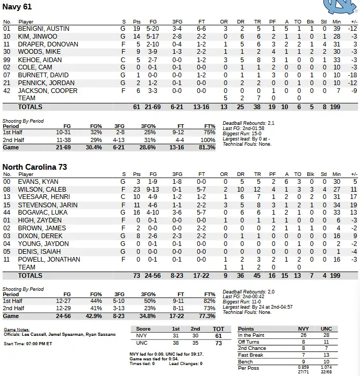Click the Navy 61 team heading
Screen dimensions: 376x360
[17, 7]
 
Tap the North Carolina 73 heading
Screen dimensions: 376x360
[35, 167]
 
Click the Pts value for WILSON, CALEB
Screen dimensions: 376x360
[137, 189]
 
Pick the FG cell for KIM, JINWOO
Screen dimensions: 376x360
[153, 37]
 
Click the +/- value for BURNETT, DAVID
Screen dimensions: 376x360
[352, 75]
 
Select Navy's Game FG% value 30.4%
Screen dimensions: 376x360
[94, 148]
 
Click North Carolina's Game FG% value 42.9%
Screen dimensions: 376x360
[94, 316]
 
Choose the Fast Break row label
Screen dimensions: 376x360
[250, 355]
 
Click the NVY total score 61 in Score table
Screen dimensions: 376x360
[218, 336]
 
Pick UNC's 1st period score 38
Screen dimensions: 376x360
[176, 343]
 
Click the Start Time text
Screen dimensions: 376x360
[28, 344]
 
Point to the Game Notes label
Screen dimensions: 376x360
[16, 330]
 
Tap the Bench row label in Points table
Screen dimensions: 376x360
[246, 361]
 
